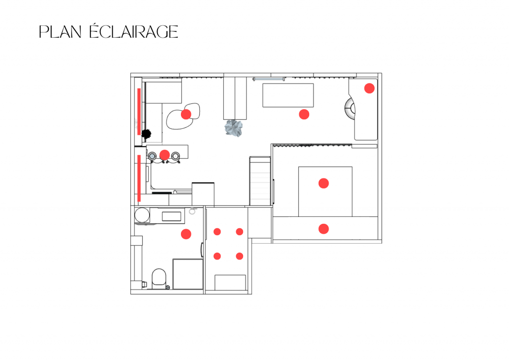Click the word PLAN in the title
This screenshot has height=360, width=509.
pos(60,32)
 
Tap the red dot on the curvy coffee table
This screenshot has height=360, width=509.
pos(186,114)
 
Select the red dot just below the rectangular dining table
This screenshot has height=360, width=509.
pos(304,114)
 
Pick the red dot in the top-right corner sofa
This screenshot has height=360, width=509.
pos(369,89)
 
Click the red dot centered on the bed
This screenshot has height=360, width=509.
pos(324,183)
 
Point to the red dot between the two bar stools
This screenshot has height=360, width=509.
pos(165,155)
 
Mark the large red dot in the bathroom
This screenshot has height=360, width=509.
pos(186,234)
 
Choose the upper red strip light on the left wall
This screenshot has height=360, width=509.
pos(139,111)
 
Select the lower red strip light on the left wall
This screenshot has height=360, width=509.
pos(139,178)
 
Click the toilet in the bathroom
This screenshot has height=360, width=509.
pos(159,276)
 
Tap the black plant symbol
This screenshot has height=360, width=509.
pos(147,133)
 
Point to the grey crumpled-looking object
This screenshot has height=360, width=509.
pos(234,128)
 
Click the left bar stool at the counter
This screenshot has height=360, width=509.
pos(153,157)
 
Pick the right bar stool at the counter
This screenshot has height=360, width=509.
pos(175,157)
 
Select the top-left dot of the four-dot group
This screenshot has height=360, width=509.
pos(217,232)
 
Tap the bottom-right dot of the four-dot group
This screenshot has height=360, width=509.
pos(240,256)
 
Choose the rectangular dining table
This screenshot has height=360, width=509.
pos(288,95)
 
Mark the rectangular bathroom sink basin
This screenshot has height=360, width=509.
pos(171,216)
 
